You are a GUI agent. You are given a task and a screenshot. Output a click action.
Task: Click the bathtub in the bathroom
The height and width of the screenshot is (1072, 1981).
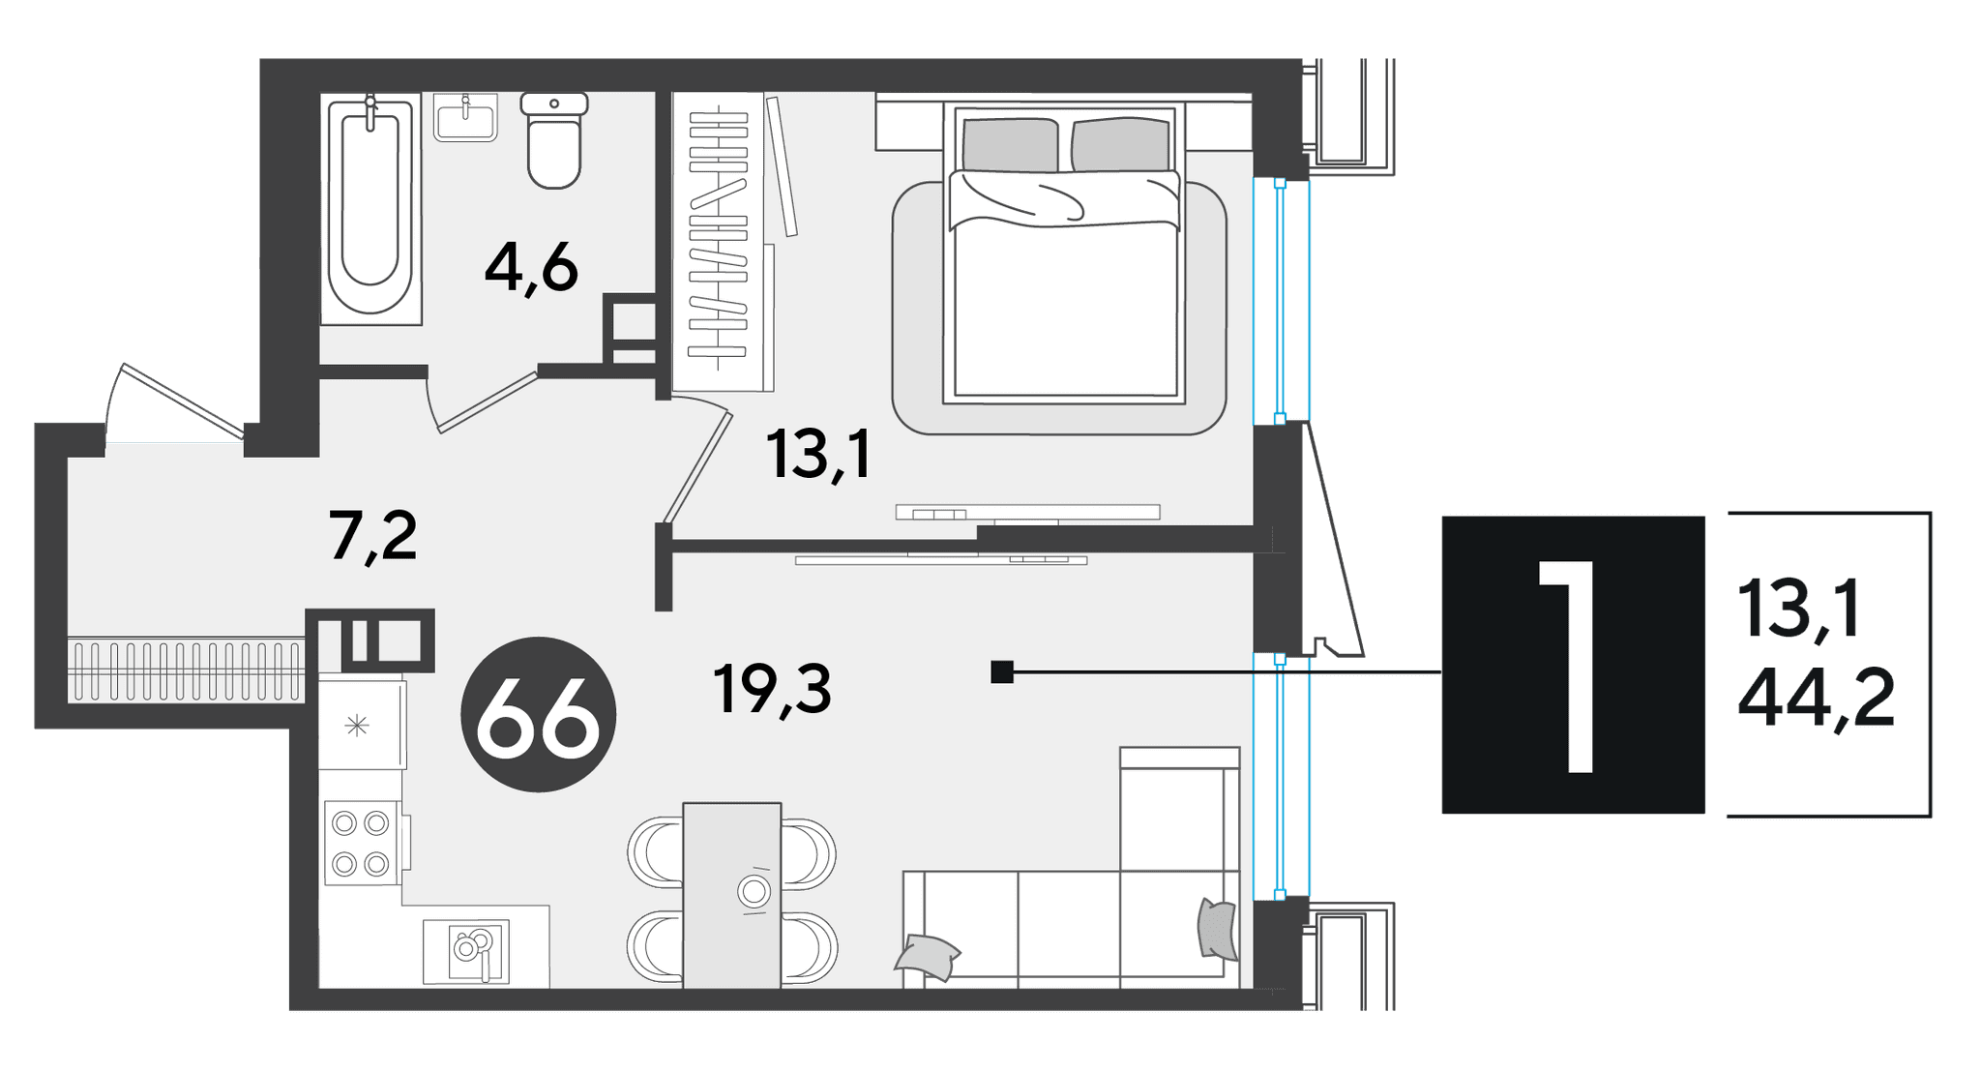pyautogui.click(x=370, y=209)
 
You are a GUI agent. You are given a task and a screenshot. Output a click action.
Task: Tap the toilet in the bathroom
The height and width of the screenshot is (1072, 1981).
pyautogui.click(x=554, y=139)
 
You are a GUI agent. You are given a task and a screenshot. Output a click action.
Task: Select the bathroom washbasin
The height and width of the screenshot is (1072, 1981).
pyautogui.click(x=465, y=117)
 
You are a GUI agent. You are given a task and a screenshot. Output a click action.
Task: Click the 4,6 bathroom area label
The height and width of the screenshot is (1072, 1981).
pyautogui.click(x=531, y=268)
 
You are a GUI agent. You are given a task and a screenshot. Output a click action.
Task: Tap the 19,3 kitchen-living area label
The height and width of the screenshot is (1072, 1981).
pyautogui.click(x=773, y=689)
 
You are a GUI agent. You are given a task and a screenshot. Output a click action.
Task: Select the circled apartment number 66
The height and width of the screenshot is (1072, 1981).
pyautogui.click(x=539, y=714)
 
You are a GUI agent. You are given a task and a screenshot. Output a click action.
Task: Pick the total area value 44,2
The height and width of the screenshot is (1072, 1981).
pyautogui.click(x=1816, y=700)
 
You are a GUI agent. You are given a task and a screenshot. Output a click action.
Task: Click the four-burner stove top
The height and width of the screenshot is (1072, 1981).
pyautogui.click(x=362, y=843)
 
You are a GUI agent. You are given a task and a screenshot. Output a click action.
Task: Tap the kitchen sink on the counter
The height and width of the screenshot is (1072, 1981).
pyautogui.click(x=466, y=950)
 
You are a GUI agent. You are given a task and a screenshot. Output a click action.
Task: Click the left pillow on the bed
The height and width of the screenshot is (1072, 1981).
pyautogui.click(x=1010, y=145)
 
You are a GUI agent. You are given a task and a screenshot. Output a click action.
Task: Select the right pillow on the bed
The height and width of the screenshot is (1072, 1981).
pyautogui.click(x=1121, y=144)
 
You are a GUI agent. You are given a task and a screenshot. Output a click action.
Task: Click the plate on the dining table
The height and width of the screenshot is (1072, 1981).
pyautogui.click(x=754, y=890)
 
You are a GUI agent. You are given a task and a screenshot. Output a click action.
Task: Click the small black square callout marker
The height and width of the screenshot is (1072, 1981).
pyautogui.click(x=1002, y=671)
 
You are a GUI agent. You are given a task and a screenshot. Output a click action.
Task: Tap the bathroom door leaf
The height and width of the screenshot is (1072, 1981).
pyautogui.click(x=488, y=402)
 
